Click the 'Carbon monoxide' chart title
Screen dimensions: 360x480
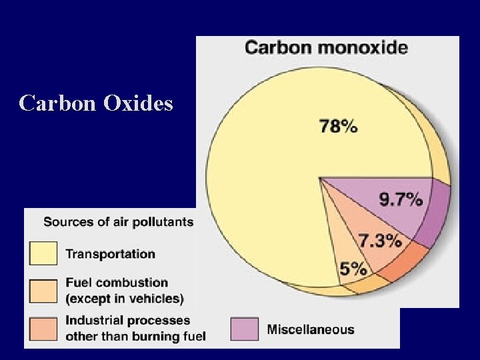pyautogui.click(x=326, y=48)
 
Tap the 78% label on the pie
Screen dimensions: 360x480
pyautogui.click(x=339, y=126)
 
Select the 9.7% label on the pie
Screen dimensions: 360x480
pyautogui.click(x=401, y=199)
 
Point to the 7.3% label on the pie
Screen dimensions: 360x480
pyautogui.click(x=379, y=240)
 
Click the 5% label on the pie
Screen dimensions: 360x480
pyautogui.click(x=353, y=269)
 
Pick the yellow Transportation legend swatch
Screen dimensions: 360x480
pyautogui.click(x=43, y=253)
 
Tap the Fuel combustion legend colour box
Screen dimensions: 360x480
pyautogui.click(x=43, y=291)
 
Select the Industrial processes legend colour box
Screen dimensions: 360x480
pyautogui.click(x=43, y=328)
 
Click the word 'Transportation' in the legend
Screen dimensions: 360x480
pyautogui.click(x=110, y=253)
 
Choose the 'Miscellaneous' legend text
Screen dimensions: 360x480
pyautogui.click(x=311, y=329)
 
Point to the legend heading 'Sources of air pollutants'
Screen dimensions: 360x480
pyautogui.click(x=119, y=221)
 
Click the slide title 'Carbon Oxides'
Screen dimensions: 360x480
pyautogui.click(x=96, y=103)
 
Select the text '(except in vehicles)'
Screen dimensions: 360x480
pyautogui.click(x=124, y=298)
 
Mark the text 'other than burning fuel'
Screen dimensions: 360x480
pyautogui.click(x=135, y=335)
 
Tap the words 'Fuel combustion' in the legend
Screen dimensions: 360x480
pyautogui.click(x=116, y=283)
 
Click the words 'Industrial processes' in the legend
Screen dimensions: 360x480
pyautogui.click(x=127, y=321)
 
